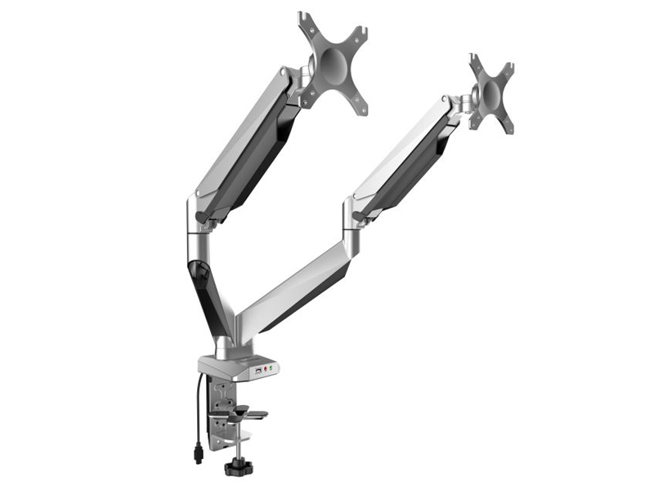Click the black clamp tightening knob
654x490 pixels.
tap(239, 468)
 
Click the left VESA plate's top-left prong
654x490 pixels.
tap(306, 20)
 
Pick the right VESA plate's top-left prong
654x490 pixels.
tap(476, 61)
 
